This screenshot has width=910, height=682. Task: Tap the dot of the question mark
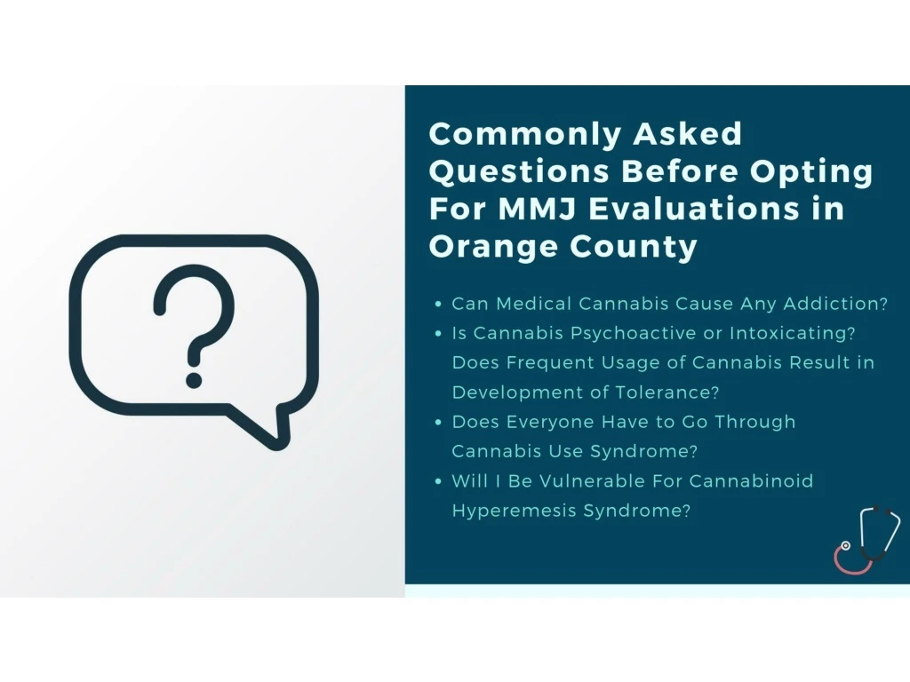tap(194, 380)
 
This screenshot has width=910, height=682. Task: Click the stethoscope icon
tap(867, 539)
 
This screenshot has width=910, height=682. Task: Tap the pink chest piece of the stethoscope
tap(846, 546)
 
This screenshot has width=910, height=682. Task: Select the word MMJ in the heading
tap(538, 209)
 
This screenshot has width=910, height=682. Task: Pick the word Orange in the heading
tap(494, 247)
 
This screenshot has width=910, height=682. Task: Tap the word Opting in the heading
tap(811, 172)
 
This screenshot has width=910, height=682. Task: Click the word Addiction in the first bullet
tap(835, 304)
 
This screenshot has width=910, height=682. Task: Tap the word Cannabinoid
tap(751, 480)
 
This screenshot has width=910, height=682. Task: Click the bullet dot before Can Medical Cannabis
tap(438, 304)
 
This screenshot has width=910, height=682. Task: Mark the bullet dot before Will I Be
tap(438, 481)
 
